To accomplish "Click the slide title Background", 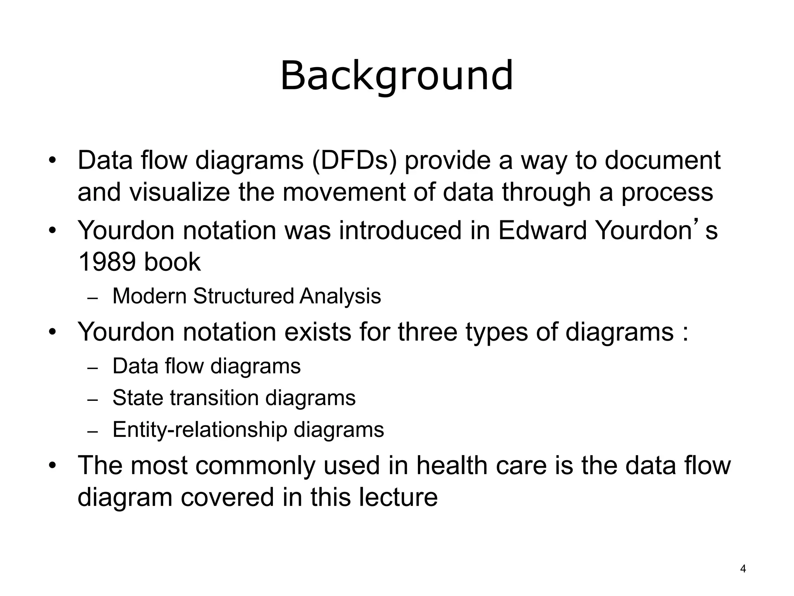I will [x=397, y=76].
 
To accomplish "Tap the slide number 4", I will [x=743, y=569].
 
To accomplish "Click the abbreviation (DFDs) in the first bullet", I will [x=354, y=160].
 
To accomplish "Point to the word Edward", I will [x=542, y=230].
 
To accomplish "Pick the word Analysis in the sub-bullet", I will [x=340, y=296].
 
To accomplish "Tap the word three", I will [x=428, y=332].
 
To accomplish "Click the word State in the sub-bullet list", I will [x=138, y=398].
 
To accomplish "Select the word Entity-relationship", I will [x=200, y=430].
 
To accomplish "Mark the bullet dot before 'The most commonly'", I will [x=53, y=465].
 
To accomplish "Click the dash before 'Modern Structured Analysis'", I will [x=93, y=298].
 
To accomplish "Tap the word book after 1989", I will [x=172, y=262].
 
